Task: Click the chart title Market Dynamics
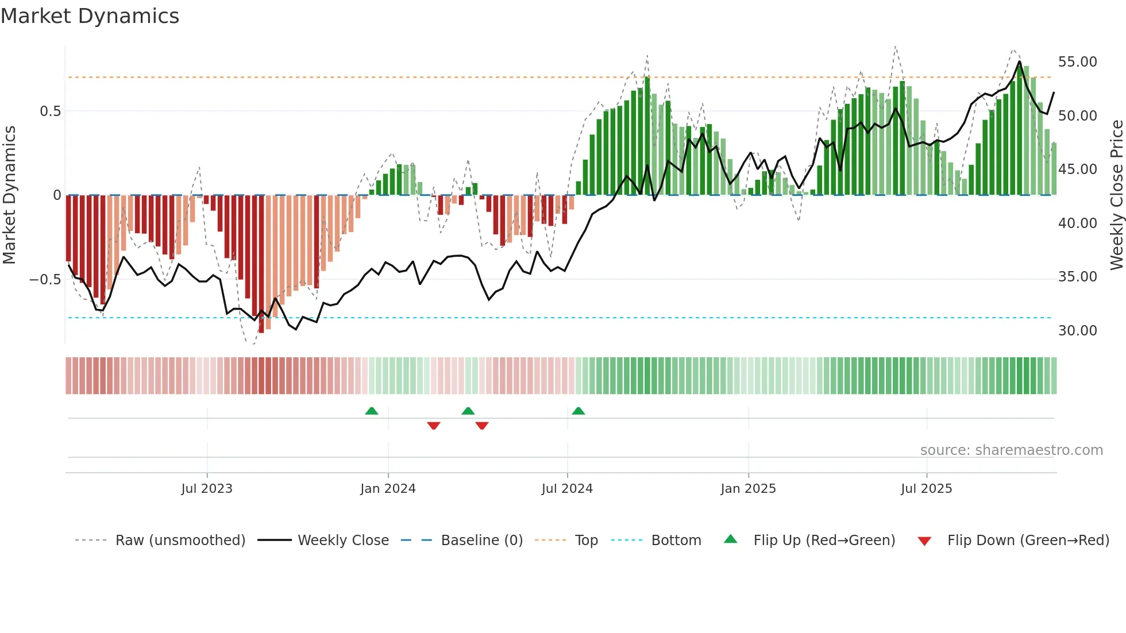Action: (90, 16)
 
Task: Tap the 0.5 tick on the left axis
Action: (50, 111)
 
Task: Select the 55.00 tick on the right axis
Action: (1077, 62)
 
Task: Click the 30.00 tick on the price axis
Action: (1077, 331)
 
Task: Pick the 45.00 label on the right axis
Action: (1077, 169)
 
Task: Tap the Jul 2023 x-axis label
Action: (207, 489)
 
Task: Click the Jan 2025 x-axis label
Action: (748, 489)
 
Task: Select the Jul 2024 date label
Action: (567, 489)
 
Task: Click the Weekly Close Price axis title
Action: (1116, 195)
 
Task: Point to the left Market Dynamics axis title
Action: (9, 195)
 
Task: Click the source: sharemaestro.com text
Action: (1011, 450)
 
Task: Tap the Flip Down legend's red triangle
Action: (924, 541)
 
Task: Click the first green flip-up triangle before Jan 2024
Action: (372, 411)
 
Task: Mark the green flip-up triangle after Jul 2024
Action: (579, 411)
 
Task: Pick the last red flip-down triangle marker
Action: (482, 426)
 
